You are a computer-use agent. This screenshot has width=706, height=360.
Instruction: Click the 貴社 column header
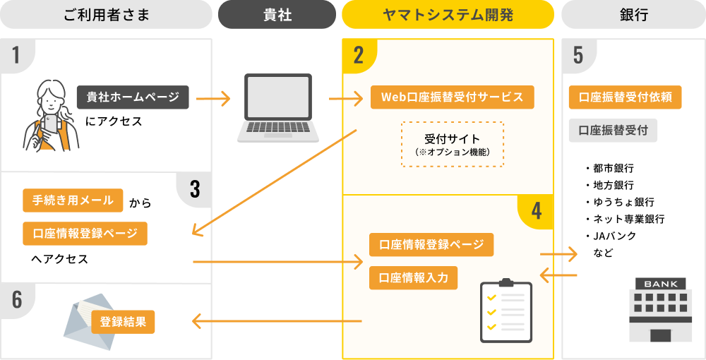[x=277, y=14]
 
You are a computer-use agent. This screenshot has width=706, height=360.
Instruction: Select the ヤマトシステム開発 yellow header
[x=448, y=14]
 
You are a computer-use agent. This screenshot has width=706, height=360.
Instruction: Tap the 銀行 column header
[x=633, y=14]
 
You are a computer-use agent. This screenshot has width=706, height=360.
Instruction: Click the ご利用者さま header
[x=106, y=14]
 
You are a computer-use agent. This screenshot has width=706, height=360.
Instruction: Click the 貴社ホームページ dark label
[x=133, y=97]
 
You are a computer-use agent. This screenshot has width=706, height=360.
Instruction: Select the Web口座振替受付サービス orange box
[x=452, y=97]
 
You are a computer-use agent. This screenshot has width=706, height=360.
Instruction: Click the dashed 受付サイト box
[x=453, y=144]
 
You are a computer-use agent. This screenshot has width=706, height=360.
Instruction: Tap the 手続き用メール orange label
[x=73, y=200]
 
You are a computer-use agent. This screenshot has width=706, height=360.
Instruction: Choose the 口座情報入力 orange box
[x=413, y=277]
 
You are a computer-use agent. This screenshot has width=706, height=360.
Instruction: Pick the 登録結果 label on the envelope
[x=123, y=322]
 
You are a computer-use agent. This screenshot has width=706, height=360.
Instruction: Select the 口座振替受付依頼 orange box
[x=625, y=97]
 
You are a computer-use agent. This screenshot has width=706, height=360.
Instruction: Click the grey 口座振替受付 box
[x=613, y=131]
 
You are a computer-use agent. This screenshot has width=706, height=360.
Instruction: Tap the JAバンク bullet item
[x=614, y=236]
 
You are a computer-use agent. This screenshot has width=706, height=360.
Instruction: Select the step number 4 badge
[x=536, y=210]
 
